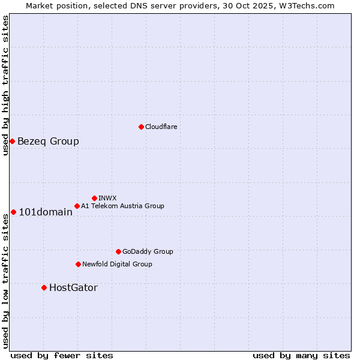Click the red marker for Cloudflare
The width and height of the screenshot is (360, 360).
[141, 127]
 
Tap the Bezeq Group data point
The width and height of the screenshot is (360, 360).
[12, 141]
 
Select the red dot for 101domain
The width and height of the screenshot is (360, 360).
[13, 212]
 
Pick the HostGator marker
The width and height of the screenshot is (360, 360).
[44, 287]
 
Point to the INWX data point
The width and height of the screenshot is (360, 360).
[94, 198]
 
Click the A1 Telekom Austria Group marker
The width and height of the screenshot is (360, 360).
[77, 206]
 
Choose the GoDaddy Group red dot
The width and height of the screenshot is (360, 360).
[118, 251]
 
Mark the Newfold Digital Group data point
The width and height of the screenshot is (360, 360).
[78, 264]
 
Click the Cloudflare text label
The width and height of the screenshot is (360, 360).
[161, 127]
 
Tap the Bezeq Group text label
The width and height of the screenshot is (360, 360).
[48, 142]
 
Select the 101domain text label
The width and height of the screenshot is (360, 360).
[46, 212]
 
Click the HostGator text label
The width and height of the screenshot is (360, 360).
[73, 288]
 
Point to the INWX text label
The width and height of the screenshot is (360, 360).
[107, 198]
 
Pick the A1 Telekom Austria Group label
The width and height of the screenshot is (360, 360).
[122, 206]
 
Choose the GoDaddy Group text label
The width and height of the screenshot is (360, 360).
[148, 251]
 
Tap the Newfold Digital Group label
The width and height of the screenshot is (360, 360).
[117, 264]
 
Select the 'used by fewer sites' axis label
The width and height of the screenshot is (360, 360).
[62, 355]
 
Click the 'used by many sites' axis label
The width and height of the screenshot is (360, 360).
[301, 355]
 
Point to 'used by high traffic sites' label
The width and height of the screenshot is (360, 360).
[5, 85]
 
